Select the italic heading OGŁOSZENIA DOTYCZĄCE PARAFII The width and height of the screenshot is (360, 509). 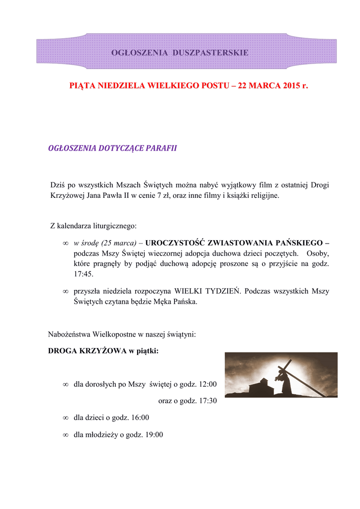pyautogui.click(x=112, y=148)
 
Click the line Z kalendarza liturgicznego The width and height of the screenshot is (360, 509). pyautogui.click(x=93, y=226)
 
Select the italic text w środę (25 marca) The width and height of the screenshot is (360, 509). pyautogui.click(x=105, y=243)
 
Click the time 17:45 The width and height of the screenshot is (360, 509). pyautogui.click(x=83, y=274)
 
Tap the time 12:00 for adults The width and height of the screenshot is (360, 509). pyautogui.click(x=208, y=384)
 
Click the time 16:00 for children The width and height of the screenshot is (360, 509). pyautogui.click(x=139, y=418)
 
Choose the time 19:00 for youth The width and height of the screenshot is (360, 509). pyautogui.click(x=153, y=435)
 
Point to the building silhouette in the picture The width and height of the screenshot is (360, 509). pyautogui.click(x=260, y=387)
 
